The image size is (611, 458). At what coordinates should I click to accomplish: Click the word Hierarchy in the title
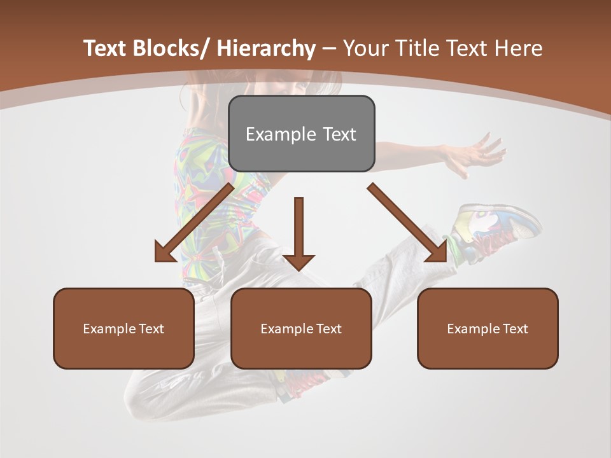point(266,49)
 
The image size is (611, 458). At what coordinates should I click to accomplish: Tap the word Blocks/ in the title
point(171,49)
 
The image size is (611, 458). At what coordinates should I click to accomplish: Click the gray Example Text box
point(301,134)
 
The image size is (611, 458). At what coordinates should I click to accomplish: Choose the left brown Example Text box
point(123,328)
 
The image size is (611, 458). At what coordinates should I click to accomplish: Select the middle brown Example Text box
point(301,328)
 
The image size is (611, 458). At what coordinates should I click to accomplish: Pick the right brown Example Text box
point(488,328)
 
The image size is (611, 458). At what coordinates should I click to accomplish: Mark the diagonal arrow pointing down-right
point(407,223)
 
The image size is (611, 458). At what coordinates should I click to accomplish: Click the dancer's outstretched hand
point(477,153)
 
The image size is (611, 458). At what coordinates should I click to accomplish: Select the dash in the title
point(329,49)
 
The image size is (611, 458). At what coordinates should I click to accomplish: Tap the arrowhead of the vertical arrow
point(299,262)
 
